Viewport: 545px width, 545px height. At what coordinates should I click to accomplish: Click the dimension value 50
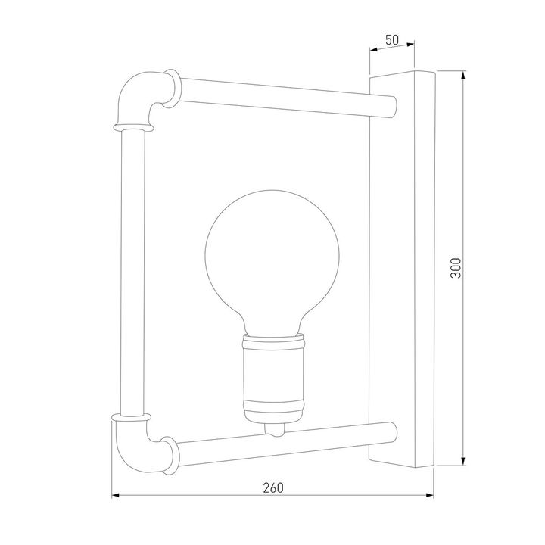pos(392,40)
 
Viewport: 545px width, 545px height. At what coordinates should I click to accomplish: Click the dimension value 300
pos(455,268)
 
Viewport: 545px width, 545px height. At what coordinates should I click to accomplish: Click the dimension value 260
pos(273,487)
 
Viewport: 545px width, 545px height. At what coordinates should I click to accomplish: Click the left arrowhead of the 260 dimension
pos(117,497)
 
